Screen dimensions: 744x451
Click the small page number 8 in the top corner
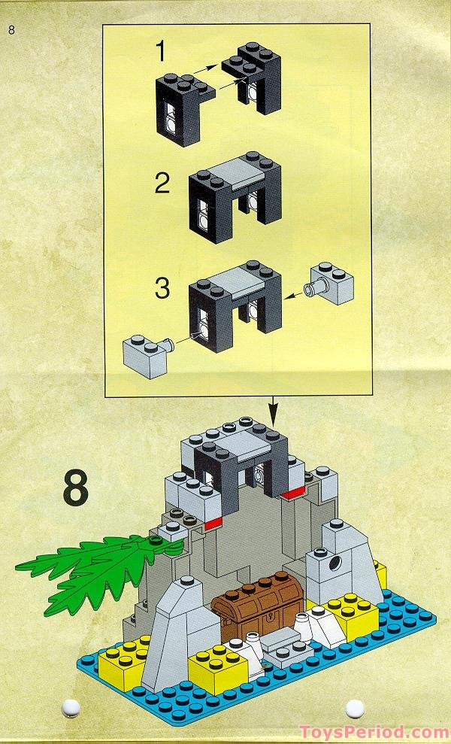[11, 30]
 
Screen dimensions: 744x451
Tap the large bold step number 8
[75, 487]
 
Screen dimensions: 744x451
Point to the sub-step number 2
[162, 184]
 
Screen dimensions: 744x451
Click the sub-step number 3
[162, 289]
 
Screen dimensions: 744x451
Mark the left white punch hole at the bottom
[72, 707]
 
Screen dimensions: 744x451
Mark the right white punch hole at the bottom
[354, 707]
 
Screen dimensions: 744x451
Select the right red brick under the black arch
[292, 493]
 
